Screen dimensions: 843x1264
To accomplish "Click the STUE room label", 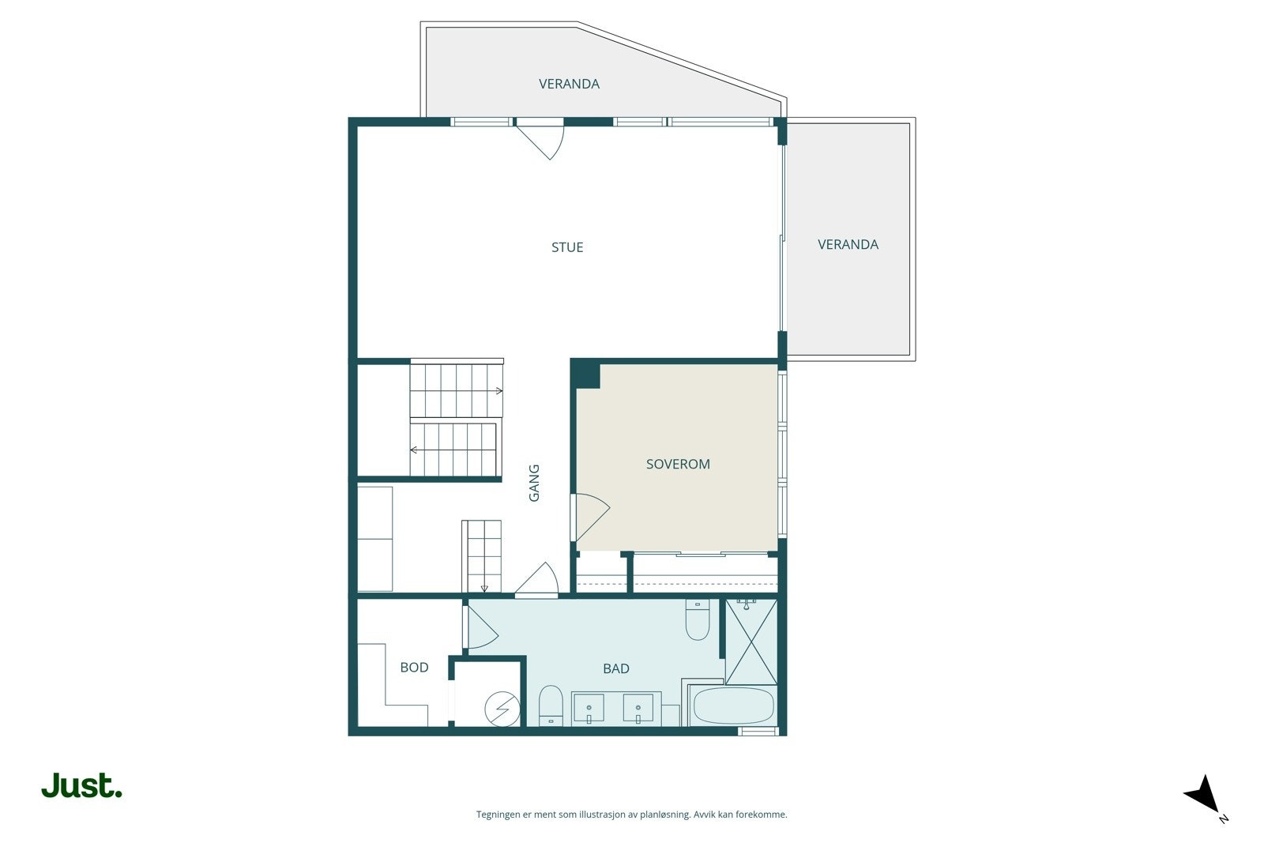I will (x=567, y=247).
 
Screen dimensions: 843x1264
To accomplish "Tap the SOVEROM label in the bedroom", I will (x=678, y=464).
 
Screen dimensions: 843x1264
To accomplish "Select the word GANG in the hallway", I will (x=534, y=483).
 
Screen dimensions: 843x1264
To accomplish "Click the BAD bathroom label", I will (x=616, y=668).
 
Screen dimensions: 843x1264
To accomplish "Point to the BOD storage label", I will (x=414, y=668).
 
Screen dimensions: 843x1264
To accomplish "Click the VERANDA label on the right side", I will (x=848, y=244).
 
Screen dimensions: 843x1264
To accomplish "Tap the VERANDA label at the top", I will (x=569, y=84).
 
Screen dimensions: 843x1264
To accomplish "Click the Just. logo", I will (x=81, y=786).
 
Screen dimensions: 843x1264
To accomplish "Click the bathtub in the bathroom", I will (x=733, y=706).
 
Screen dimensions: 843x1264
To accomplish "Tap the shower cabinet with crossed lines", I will (x=750, y=642).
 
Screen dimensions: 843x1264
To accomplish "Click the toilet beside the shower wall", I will (x=697, y=622).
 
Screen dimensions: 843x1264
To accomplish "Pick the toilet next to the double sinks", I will (x=550, y=705).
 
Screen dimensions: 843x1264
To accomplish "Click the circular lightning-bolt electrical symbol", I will (x=502, y=708).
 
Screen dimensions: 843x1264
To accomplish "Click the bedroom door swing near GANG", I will (x=589, y=517).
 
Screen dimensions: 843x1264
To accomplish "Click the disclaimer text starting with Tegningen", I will (x=631, y=815).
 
